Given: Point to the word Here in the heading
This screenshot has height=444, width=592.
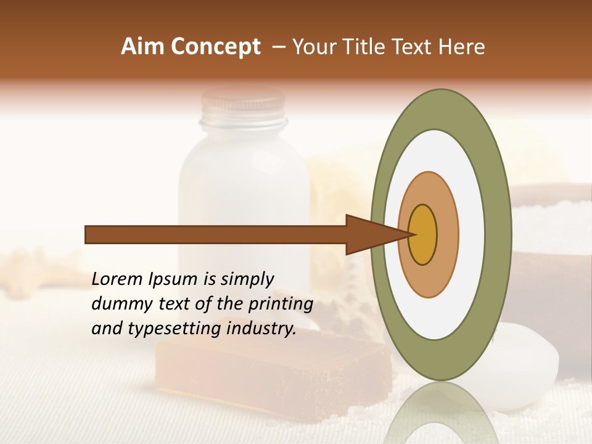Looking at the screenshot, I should tap(462, 47).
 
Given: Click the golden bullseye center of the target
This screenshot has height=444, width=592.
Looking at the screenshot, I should tap(422, 235).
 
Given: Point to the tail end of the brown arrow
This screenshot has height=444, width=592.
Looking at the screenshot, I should tap(89, 235).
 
